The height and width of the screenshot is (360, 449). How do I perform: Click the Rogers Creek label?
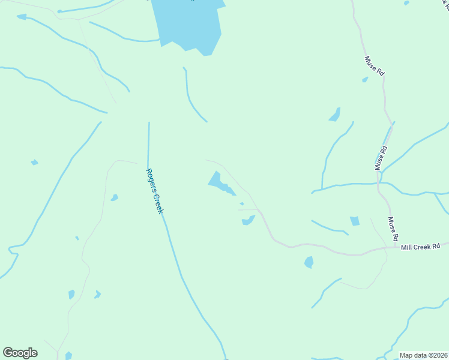pyautogui.click(x=154, y=191)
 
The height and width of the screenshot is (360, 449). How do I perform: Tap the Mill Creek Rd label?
pyautogui.click(x=421, y=246)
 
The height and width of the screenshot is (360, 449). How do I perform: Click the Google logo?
pyautogui.click(x=20, y=353)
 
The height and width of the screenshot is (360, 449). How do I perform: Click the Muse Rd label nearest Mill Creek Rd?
pyautogui.click(x=393, y=229)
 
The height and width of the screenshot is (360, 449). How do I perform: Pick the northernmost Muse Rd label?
pyautogui.click(x=373, y=65)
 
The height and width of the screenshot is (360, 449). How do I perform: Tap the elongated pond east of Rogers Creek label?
pyautogui.click(x=219, y=184)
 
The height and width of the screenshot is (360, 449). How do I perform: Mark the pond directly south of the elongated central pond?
pyautogui.click(x=247, y=221)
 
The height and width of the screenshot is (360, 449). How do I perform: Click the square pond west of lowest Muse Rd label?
pyautogui.click(x=355, y=221)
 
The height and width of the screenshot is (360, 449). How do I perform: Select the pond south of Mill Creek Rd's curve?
pyautogui.click(x=309, y=262)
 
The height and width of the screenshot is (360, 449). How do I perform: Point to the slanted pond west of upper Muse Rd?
pyautogui.click(x=335, y=115)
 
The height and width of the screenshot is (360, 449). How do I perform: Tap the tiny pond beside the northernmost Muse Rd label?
pyautogui.click(x=364, y=79)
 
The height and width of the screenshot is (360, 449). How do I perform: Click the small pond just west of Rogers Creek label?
pyautogui.click(x=114, y=197)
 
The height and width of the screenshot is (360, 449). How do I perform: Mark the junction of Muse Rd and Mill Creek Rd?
pyautogui.click(x=397, y=247)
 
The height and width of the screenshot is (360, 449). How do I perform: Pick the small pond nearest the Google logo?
pyautogui.click(x=68, y=355)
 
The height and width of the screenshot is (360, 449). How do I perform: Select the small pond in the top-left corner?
pyautogui.click(x=22, y=17)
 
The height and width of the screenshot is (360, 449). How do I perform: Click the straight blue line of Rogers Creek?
pyautogui.click(x=148, y=144)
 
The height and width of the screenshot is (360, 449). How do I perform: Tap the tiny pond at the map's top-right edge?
pyautogui.click(x=406, y=3)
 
